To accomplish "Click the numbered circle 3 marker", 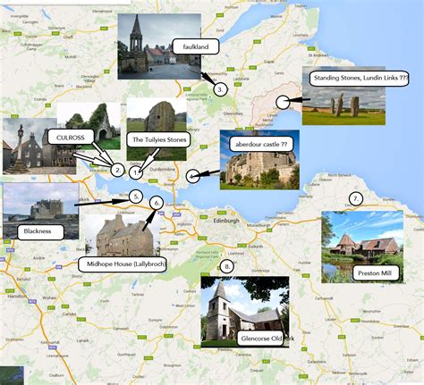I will tap(220, 88).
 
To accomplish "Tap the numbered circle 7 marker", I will tap(355, 198).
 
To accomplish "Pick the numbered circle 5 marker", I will tap(135, 197).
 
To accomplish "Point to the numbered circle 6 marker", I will tap(157, 203).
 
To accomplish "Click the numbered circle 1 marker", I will tap(136, 171).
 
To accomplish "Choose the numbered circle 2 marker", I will tap(117, 169).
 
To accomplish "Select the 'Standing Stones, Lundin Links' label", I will tap(360, 78).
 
